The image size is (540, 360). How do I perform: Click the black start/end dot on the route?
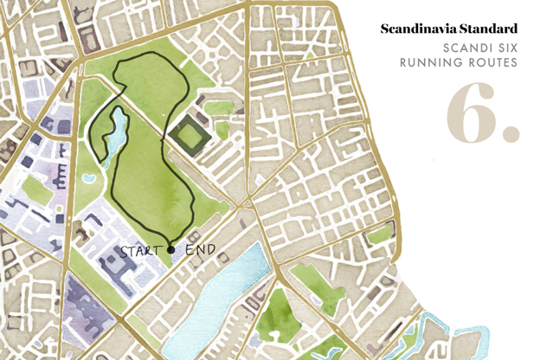tap(170, 250)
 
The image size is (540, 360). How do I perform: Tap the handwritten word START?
tap(142, 251)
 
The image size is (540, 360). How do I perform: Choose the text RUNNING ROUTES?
tap(459, 63)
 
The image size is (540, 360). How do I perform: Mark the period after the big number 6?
tap(511, 134)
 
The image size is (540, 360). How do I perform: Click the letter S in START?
tap(125, 251)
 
